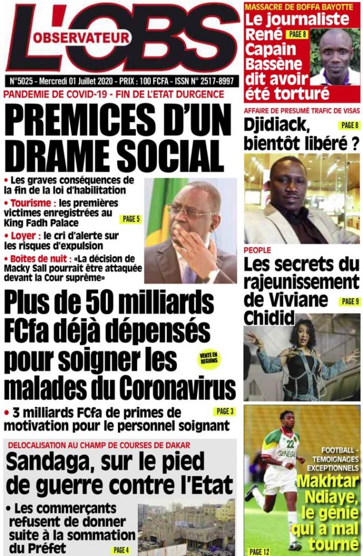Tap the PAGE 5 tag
(131, 219)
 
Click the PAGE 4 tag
(121, 550)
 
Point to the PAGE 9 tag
(349, 301)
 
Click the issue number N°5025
(23, 81)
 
